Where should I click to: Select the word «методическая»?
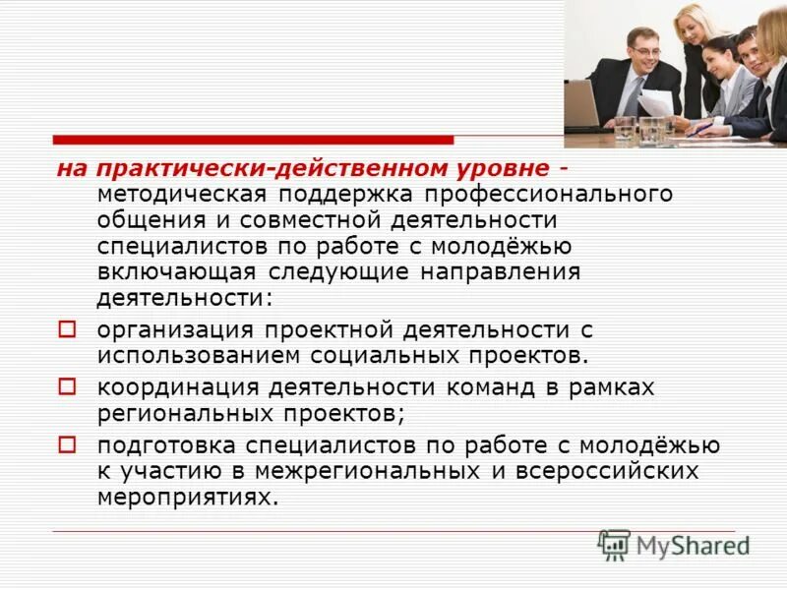pyautogui.click(x=168, y=194)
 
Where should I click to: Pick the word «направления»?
pyautogui.click(x=500, y=270)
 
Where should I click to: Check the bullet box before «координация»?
pyautogui.click(x=67, y=386)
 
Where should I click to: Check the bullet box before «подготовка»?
pyautogui.click(x=67, y=444)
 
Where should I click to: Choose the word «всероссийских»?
pyautogui.click(x=606, y=471)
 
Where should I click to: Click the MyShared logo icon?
pyautogui.click(x=614, y=545)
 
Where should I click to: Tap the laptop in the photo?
pyautogui.click(x=582, y=104)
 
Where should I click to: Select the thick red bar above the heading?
pyautogui.click(x=253, y=140)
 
